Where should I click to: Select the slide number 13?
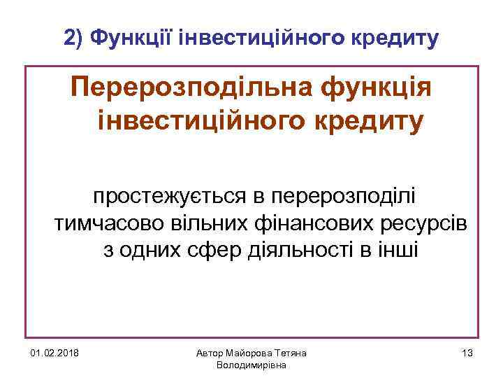pos(467,353)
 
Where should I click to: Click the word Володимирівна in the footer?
pos(251,365)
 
